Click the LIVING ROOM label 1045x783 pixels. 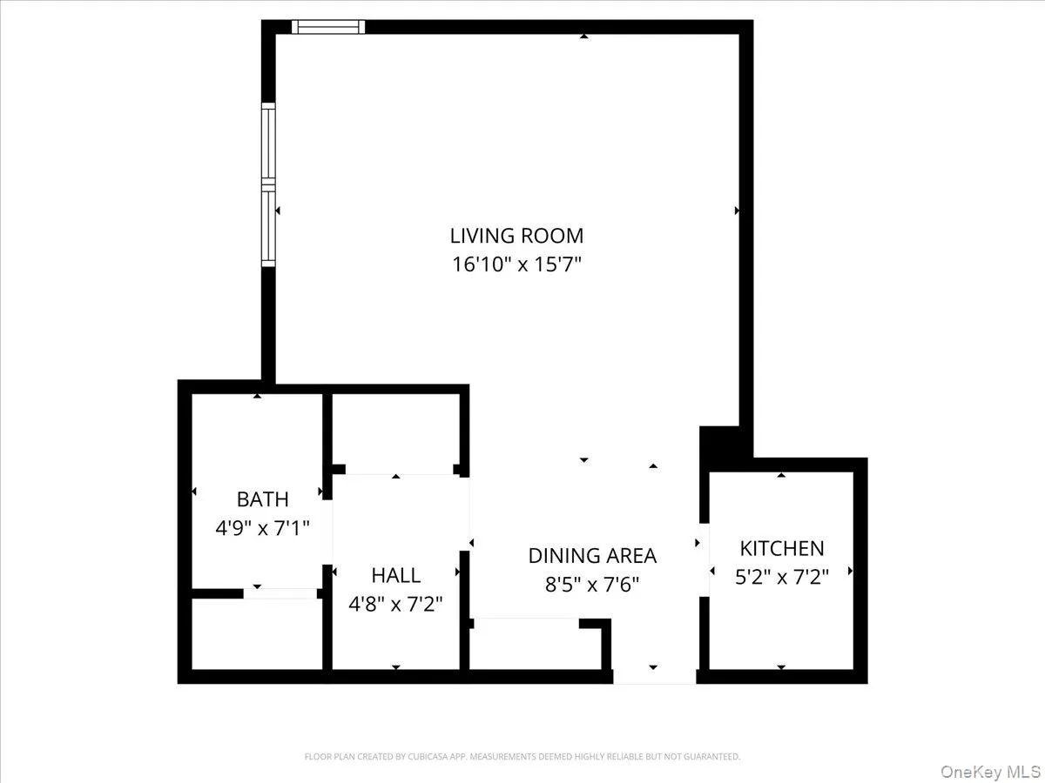coord(516,235)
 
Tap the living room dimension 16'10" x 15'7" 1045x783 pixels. coord(516,264)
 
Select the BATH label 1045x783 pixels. coord(262,499)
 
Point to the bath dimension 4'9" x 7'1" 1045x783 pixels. coord(262,527)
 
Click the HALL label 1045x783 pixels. coord(395,575)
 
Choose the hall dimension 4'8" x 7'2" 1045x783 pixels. coord(395,603)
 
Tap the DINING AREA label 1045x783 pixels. coord(592,555)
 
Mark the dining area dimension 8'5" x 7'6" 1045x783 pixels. coord(592,584)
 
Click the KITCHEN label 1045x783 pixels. coord(781,548)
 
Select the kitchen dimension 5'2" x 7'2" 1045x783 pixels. coord(781,575)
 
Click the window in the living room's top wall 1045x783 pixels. coord(327,27)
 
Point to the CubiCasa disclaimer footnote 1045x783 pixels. coord(522,757)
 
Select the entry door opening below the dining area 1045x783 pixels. coord(654,676)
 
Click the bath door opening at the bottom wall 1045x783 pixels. coord(280,593)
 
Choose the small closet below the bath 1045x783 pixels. coord(256,634)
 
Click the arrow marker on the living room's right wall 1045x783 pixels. coord(738,211)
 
